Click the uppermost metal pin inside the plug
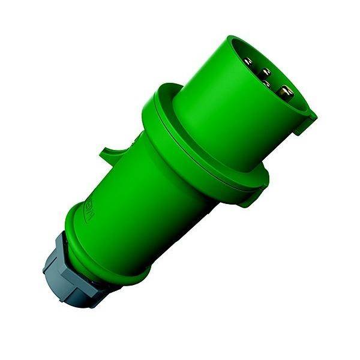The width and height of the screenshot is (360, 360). tap(248, 61)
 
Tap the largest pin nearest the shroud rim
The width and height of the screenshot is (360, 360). tap(285, 92)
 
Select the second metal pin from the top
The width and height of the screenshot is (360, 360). tap(266, 73)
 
